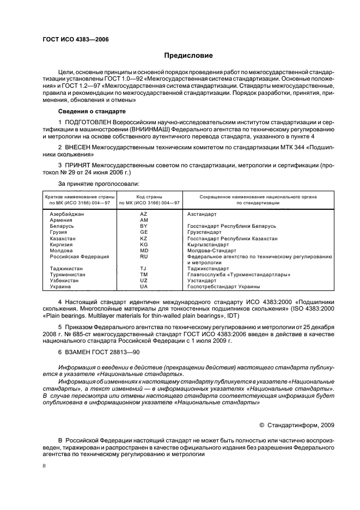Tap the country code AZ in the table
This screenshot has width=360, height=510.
click(144, 215)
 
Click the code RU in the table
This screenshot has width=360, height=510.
click(144, 256)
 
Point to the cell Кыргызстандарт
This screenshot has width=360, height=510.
click(207, 245)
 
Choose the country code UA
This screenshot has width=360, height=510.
click(144, 286)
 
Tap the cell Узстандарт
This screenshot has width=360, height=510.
click(202, 280)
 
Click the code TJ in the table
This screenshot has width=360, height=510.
click(144, 268)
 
